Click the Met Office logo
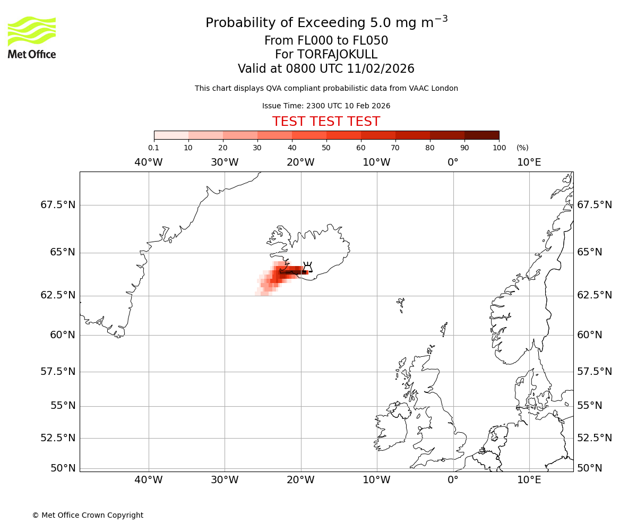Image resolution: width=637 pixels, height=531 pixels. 32,37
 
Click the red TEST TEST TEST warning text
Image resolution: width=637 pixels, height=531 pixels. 326,122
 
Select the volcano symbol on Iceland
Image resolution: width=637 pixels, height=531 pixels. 307,267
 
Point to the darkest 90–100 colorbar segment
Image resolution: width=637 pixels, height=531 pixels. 481,135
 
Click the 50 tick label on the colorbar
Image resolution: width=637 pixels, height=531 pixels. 326,148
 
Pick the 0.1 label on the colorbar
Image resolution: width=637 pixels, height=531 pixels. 153,148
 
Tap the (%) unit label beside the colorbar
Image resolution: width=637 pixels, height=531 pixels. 522,148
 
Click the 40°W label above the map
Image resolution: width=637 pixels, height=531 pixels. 149,162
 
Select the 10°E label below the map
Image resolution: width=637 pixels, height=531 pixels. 529,480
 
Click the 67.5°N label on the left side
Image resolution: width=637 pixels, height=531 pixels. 58,205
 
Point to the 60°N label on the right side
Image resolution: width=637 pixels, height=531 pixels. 590,335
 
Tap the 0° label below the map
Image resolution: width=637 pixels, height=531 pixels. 453,480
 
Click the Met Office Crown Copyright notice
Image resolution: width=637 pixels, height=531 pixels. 88,515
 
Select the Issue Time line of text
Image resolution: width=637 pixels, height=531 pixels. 326,106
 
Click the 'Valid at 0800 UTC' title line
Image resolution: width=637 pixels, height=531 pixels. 326,69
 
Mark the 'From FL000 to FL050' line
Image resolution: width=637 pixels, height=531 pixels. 326,41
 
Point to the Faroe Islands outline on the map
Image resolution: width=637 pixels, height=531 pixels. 401,304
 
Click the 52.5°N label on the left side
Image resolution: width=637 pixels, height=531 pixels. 58,438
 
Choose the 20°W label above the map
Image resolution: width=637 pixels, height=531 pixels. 300,162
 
